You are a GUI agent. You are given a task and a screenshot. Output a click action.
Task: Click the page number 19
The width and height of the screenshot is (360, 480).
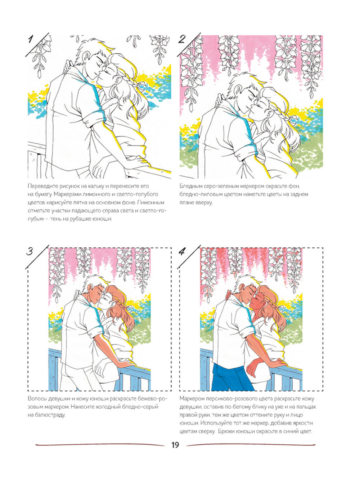[175, 445]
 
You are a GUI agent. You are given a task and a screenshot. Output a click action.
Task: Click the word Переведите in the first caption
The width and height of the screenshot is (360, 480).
[40, 186]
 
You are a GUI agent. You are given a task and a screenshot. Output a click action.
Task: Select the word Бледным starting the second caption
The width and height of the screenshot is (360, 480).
[190, 186]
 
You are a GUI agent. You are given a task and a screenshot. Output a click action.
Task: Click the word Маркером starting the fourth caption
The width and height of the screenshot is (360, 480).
[192, 399]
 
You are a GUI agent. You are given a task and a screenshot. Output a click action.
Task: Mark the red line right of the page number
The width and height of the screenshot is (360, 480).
[252, 445]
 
